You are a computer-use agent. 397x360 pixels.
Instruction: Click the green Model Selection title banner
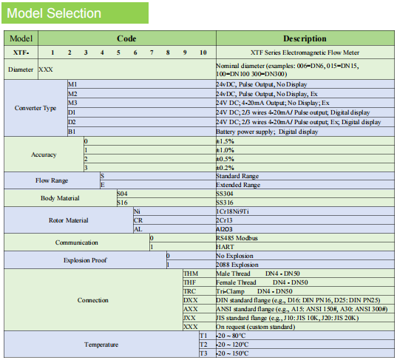[x=75, y=13]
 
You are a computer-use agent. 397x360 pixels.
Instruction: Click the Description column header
[x=305, y=38]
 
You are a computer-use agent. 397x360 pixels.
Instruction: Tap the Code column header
[x=126, y=38]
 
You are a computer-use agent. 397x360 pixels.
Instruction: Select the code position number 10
[x=203, y=52]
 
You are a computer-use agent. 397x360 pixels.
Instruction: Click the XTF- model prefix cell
[x=21, y=52]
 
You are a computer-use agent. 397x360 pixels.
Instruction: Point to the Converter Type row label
[x=35, y=108]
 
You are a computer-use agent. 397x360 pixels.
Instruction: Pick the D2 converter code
[x=72, y=122]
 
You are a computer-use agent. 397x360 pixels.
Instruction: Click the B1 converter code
[x=72, y=132]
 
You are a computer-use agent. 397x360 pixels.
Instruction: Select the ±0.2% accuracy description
[x=225, y=168]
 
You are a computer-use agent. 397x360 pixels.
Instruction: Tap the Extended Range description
[x=238, y=185]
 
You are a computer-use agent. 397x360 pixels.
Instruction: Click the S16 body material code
[x=122, y=203]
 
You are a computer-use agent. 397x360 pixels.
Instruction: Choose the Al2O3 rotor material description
[x=224, y=229]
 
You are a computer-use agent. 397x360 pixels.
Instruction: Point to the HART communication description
[x=225, y=247]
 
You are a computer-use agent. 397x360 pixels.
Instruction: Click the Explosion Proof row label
[x=85, y=260]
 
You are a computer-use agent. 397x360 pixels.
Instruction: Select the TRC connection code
[x=190, y=291]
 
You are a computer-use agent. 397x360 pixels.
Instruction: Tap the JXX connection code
[x=190, y=318]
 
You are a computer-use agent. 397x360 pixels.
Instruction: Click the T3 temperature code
[x=203, y=353]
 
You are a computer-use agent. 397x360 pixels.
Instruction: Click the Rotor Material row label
[x=69, y=220]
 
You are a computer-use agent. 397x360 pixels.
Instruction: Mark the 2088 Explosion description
[x=237, y=265]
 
